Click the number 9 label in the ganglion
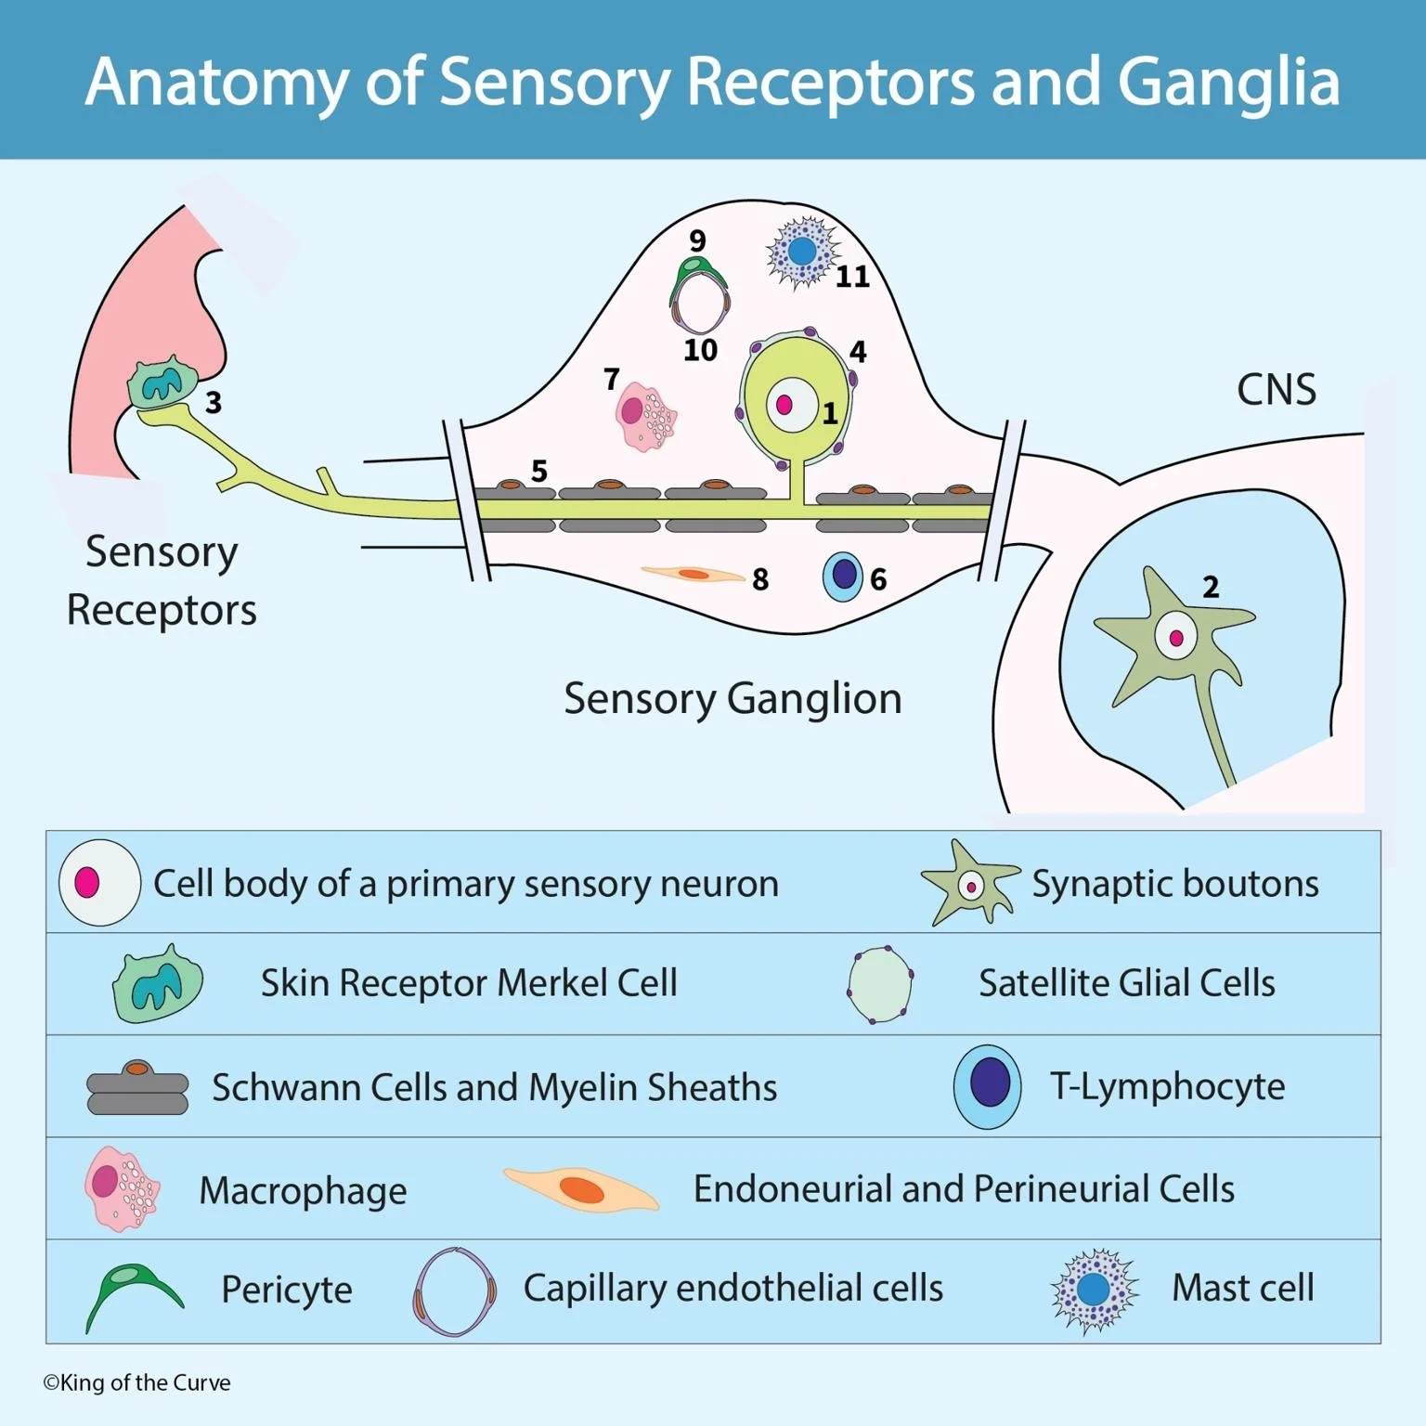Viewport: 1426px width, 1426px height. pos(696,240)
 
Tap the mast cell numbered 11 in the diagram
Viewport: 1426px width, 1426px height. pos(802,252)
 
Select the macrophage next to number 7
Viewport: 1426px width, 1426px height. pos(645,417)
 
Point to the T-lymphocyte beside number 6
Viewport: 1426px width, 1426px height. pos(843,576)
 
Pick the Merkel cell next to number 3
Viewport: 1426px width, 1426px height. pos(163,382)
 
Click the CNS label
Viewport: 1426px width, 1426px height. pos(1277,390)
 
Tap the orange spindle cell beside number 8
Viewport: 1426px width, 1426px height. pos(693,575)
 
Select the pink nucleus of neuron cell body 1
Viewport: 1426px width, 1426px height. pos(784,405)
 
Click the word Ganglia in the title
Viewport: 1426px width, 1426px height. pos(1228,82)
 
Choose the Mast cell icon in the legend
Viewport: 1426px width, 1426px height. pos(1094,1290)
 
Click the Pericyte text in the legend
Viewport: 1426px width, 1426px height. pos(287,1290)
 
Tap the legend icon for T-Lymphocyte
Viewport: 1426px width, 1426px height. pos(988,1086)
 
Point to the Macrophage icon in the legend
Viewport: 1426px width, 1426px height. pos(122,1188)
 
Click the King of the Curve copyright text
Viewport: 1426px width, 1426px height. pos(136,1382)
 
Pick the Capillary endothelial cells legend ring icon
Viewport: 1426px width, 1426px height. pos(454,1291)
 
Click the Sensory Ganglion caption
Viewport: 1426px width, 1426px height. pos(732,698)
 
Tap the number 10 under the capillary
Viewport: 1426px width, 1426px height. pos(700,350)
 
